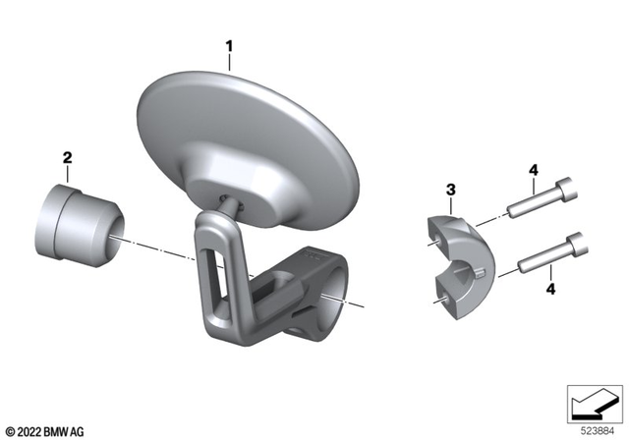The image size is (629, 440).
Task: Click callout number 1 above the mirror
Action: [x=229, y=46]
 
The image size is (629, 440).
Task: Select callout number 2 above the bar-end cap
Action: [x=68, y=157]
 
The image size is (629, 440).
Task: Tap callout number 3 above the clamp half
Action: [x=451, y=190]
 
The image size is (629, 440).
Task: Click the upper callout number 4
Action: [x=534, y=170]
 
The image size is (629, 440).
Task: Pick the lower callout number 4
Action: [x=550, y=289]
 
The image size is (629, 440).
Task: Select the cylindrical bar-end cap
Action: [x=80, y=226]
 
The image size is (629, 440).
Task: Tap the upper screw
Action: [x=543, y=197]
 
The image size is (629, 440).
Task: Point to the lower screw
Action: [x=553, y=252]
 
